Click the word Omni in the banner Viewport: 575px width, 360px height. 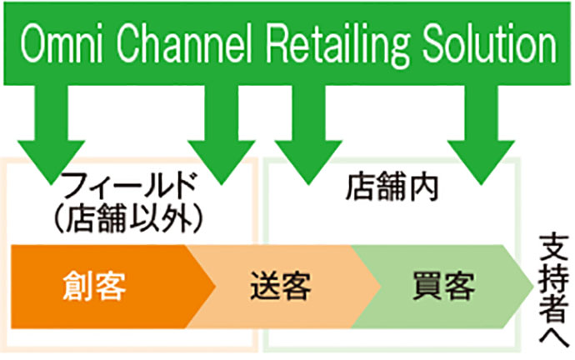coord(61,43)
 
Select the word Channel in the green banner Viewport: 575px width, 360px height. coord(185,43)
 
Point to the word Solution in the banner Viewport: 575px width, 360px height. coord(490,43)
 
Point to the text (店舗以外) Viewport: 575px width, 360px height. coord(128,219)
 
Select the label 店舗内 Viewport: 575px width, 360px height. coord(392,187)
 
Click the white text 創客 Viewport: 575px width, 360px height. coord(94,287)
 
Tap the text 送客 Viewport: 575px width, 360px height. coord(281,286)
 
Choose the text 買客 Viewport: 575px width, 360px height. coord(443,286)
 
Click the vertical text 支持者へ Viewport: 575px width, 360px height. coord(553,290)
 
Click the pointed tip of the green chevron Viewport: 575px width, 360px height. coord(533,287)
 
